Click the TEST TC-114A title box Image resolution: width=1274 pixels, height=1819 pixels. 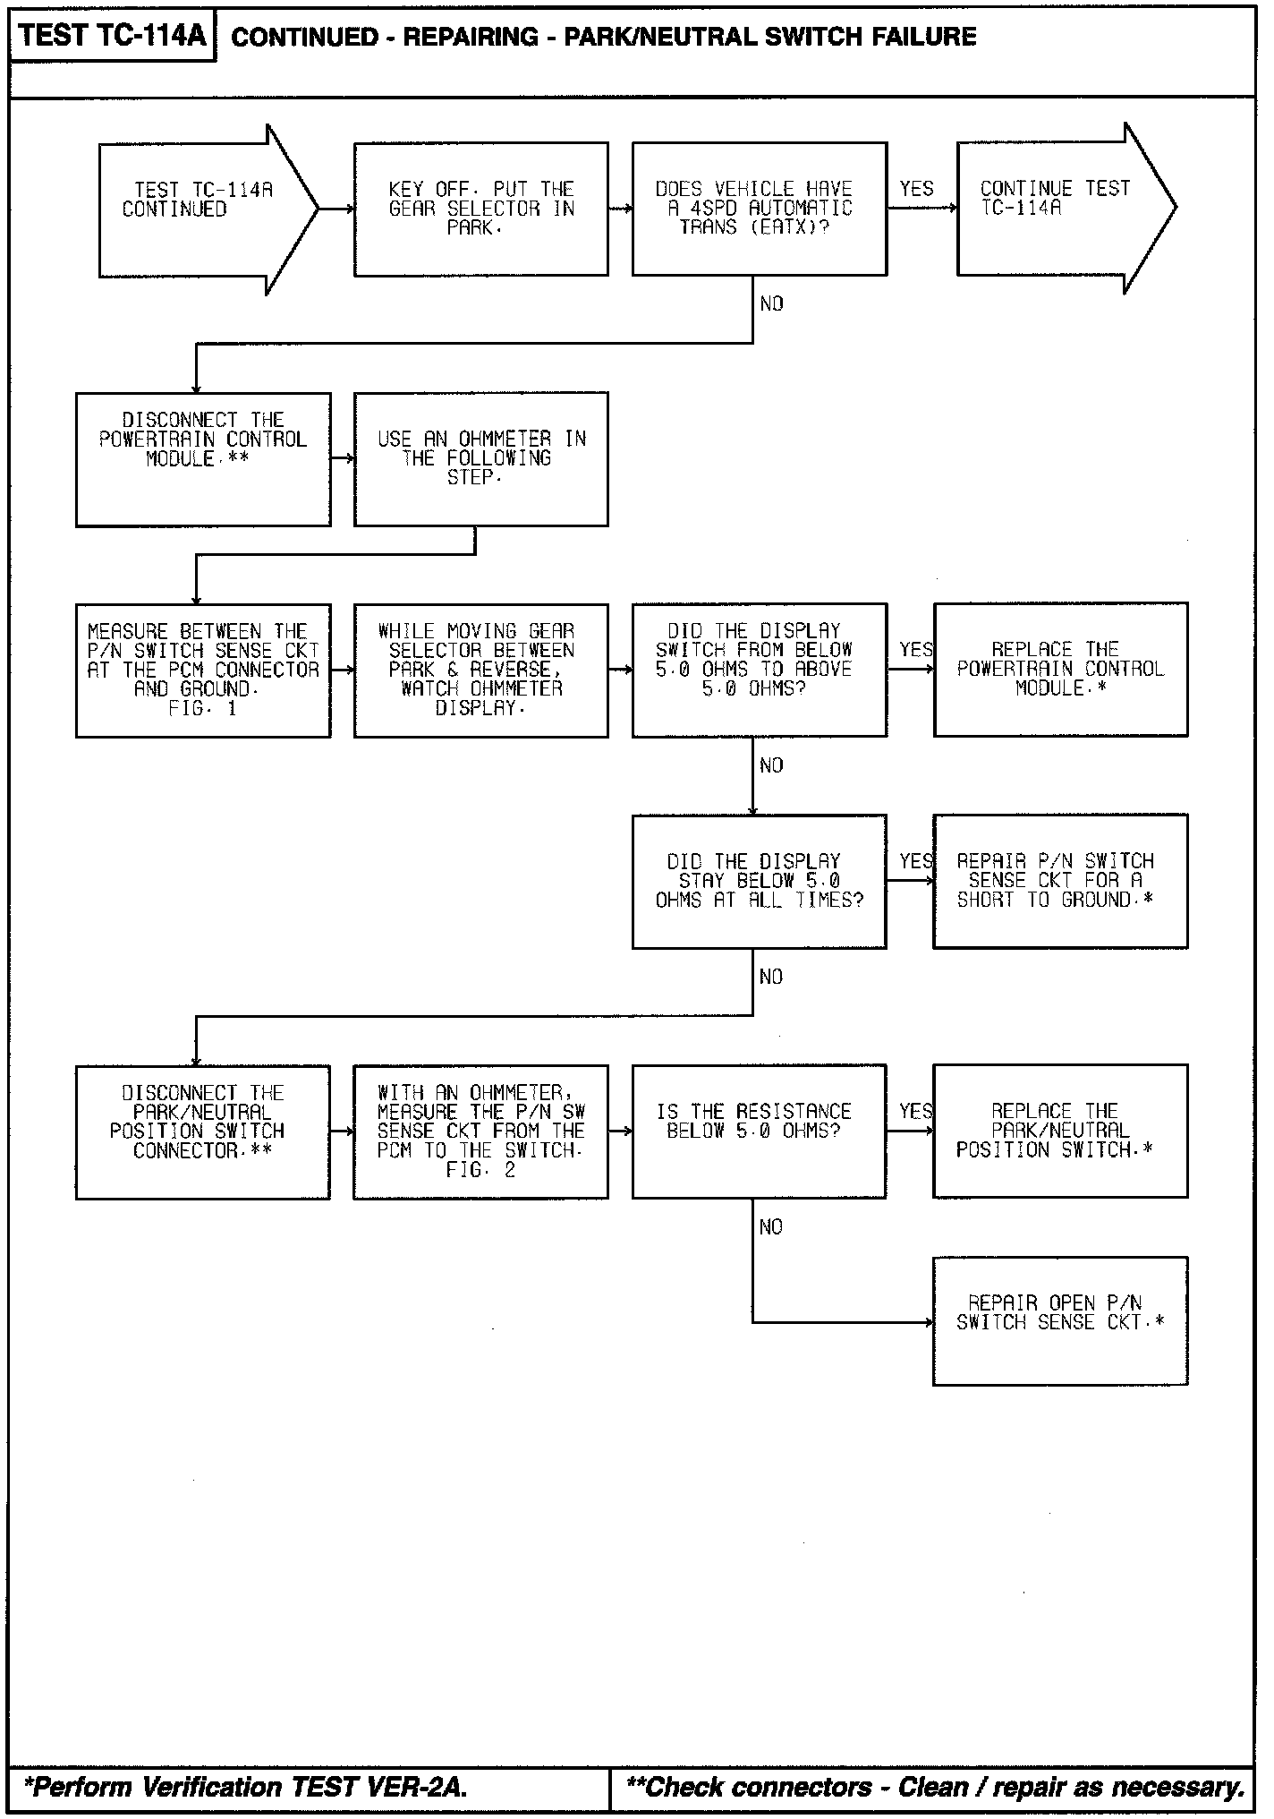click(113, 36)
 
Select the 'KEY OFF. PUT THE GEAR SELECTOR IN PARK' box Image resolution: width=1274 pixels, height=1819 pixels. click(480, 209)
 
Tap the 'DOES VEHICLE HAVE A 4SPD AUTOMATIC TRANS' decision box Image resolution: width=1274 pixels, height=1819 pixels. click(759, 209)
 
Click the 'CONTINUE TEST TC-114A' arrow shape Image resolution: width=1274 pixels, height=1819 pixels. click(1056, 208)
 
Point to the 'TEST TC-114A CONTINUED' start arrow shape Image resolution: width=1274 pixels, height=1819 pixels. click(198, 209)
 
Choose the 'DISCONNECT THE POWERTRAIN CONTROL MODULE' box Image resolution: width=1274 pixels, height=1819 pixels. click(203, 459)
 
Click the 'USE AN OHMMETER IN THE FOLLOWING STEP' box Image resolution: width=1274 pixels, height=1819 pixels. click(480, 459)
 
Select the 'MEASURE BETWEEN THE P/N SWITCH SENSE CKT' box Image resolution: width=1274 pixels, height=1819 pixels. click(203, 670)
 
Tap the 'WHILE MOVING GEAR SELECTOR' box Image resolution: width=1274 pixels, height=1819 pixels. click(480, 670)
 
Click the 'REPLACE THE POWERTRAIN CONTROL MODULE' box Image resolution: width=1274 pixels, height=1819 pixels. click(1060, 670)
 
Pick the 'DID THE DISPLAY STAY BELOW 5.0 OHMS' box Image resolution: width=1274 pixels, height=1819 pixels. click(759, 881)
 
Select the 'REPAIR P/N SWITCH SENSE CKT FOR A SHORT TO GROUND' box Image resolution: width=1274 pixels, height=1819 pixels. click(1060, 881)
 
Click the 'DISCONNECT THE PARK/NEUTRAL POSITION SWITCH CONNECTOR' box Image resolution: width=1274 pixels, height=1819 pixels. click(203, 1132)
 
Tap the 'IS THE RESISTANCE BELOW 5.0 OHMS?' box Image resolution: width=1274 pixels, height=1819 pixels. click(759, 1132)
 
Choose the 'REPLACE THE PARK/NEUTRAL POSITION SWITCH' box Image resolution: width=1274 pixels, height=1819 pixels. click(1060, 1131)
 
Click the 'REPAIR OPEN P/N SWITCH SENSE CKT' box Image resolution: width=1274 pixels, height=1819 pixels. click(1060, 1321)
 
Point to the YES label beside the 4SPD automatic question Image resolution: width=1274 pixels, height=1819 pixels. click(916, 189)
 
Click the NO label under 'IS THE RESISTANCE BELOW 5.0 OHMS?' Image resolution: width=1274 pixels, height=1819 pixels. click(770, 1227)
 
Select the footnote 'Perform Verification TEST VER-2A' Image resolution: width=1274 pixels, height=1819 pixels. click(245, 1787)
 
